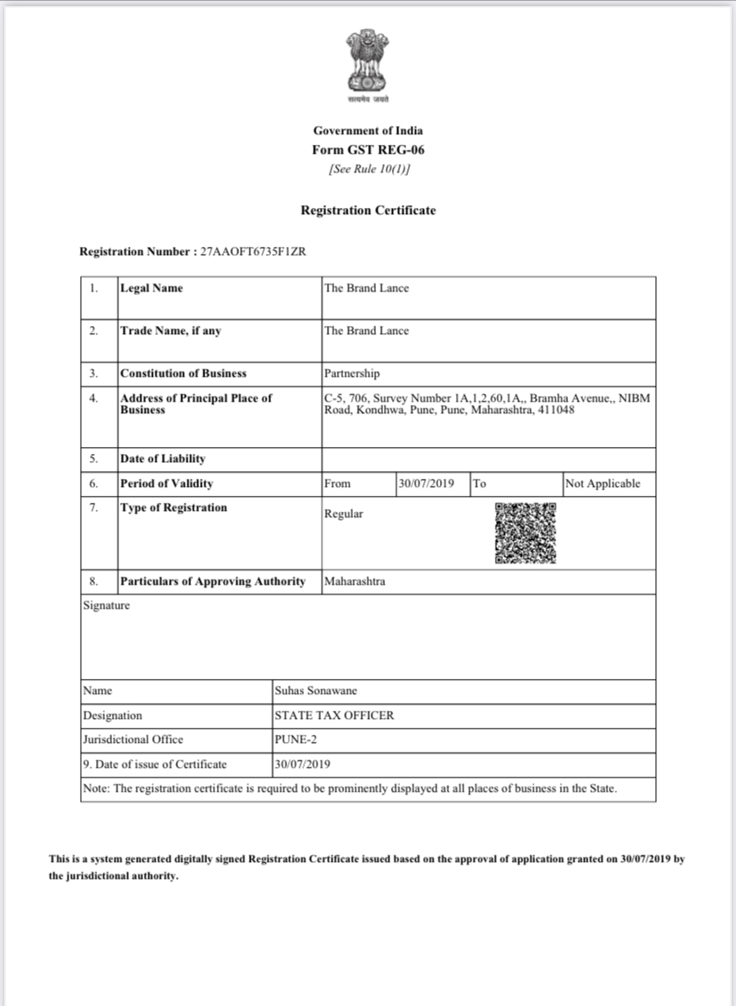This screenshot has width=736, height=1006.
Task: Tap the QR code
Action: pos(525,533)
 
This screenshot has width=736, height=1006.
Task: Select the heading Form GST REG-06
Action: pos(368,150)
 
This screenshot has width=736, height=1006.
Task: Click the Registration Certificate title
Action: pos(368,211)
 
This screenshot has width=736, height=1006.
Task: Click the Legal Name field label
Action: pos(152,288)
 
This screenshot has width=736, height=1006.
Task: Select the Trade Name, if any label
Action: pos(171,331)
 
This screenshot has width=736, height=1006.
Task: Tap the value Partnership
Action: pos(352,373)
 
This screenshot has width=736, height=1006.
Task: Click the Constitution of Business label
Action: pos(183,373)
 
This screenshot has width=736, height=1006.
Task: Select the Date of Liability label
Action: pos(163,459)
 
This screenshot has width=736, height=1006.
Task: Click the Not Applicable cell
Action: pos(603,483)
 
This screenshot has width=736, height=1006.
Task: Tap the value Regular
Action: pos(344,515)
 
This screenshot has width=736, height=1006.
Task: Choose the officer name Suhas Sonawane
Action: pos(316,691)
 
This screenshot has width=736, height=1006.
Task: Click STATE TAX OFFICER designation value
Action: pos(335,715)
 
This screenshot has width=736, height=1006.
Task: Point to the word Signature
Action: pos(106,605)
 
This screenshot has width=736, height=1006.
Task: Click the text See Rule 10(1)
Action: pos(368,169)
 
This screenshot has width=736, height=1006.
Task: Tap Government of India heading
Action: pos(368,132)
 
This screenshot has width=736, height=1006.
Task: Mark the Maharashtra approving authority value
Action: pos(355,581)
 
